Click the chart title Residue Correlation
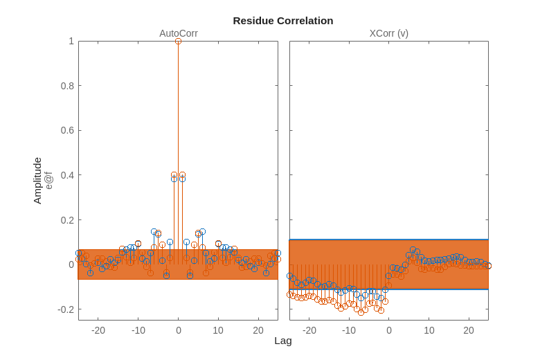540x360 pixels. click(282, 21)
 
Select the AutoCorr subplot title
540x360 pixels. click(179, 33)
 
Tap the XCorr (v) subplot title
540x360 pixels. click(388, 33)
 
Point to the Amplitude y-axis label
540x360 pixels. click(37, 180)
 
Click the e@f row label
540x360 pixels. click(48, 180)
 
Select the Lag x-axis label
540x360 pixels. click(282, 341)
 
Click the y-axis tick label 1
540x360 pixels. click(71, 42)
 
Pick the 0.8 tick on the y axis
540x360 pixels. click(66, 86)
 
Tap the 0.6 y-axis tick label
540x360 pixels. click(66, 131)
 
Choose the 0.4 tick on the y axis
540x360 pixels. click(66, 175)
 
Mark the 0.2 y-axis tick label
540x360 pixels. click(66, 220)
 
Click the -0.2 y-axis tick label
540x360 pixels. click(65, 309)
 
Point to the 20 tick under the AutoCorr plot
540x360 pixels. click(258, 330)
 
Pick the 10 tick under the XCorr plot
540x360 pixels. click(429, 330)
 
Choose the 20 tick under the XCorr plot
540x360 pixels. click(469, 330)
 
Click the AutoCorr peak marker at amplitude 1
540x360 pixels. click(178, 42)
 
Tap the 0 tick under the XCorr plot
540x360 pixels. click(389, 330)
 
